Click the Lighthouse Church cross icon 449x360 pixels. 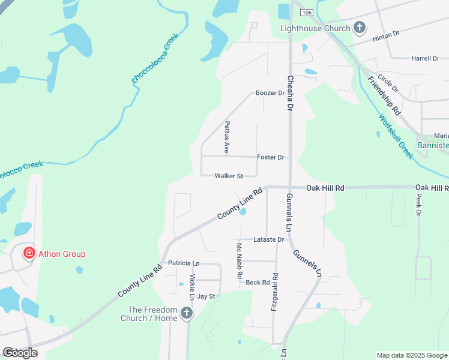tap(360, 27)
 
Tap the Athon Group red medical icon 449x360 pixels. tap(28, 254)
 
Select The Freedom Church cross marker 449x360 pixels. tap(187, 313)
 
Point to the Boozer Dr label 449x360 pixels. tap(270, 93)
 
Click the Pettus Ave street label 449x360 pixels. tap(227, 137)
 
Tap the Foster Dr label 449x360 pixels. tap(270, 157)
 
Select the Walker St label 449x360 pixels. tap(229, 176)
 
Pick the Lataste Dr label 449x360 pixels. tap(268, 239)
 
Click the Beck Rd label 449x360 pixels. tap(258, 282)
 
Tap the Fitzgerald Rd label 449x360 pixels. tap(274, 292)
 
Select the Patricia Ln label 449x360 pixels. tap(183, 263)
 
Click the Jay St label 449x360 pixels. tap(206, 296)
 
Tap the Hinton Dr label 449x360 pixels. tap(385, 36)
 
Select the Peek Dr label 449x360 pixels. tap(418, 208)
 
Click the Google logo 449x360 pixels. tap(20, 353)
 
